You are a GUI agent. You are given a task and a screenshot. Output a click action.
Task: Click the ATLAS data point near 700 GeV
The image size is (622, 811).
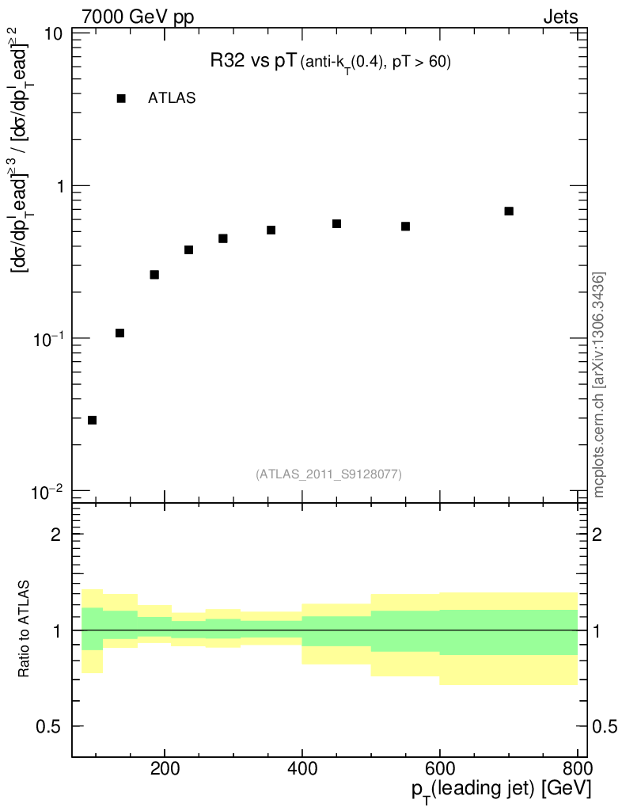pos(509,211)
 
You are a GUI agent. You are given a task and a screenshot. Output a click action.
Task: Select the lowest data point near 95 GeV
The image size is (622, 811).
pos(92,421)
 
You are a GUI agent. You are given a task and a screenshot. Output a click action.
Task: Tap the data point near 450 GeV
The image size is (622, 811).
pos(336,224)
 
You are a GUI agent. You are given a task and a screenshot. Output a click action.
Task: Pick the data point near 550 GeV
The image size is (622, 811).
pos(405,227)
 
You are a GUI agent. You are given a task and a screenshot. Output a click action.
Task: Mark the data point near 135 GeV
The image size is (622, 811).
pos(119,333)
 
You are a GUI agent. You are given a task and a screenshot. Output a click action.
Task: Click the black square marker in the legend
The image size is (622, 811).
pos(121,99)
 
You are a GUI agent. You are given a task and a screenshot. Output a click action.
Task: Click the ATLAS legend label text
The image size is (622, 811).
pos(172,99)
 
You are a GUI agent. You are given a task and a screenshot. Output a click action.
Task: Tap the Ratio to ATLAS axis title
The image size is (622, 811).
pos(25,630)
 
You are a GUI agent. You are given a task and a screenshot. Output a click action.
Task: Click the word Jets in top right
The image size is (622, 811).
pos(559,17)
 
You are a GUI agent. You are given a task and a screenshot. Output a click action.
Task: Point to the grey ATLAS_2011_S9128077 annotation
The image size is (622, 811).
pos(328,474)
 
